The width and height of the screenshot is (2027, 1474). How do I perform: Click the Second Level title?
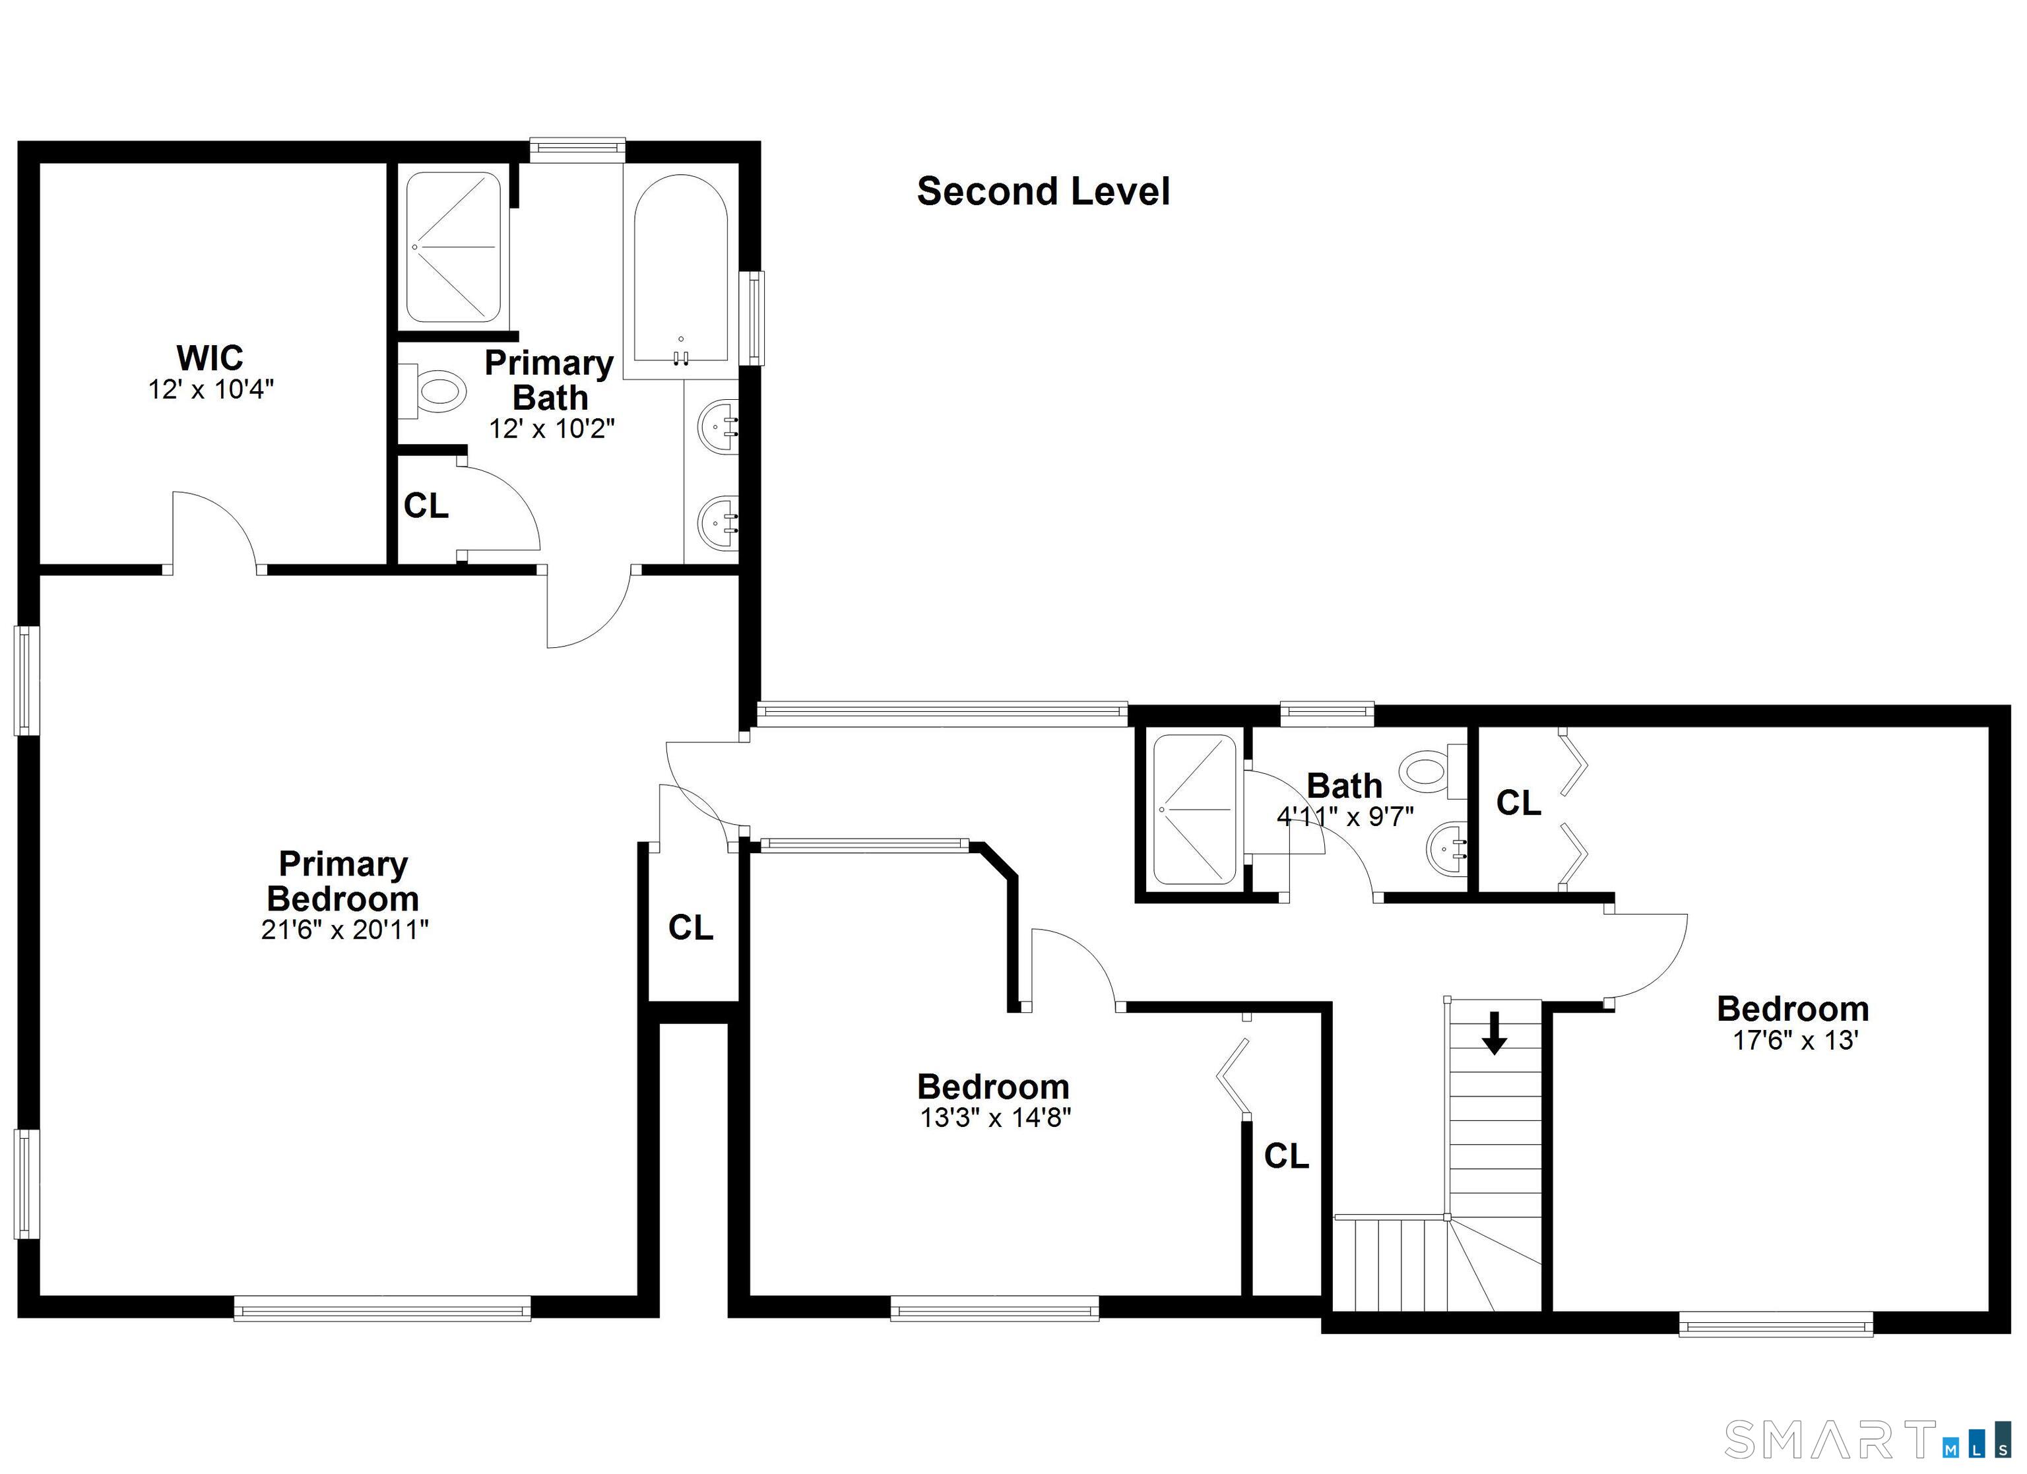click(1043, 192)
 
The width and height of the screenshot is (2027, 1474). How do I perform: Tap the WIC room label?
click(210, 358)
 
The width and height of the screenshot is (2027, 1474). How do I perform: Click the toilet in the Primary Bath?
click(434, 391)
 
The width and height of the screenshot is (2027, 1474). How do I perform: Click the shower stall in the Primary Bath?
click(453, 247)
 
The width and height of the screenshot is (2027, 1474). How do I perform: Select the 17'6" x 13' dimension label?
click(1795, 1041)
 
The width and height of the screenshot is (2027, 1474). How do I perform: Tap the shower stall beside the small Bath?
click(1195, 810)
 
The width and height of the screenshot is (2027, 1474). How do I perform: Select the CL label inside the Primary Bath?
click(426, 506)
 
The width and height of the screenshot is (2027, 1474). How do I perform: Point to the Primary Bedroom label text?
click(343, 881)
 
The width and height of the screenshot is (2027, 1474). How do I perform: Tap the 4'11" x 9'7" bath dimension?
click(1345, 816)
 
